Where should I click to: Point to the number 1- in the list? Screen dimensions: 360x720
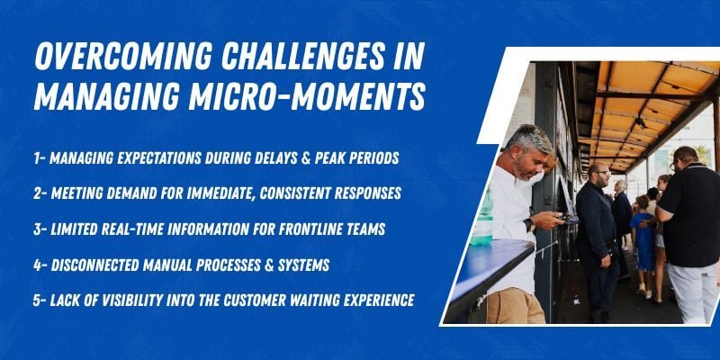pyautogui.click(x=40, y=158)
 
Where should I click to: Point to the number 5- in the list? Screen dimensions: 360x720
pyautogui.click(x=40, y=301)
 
